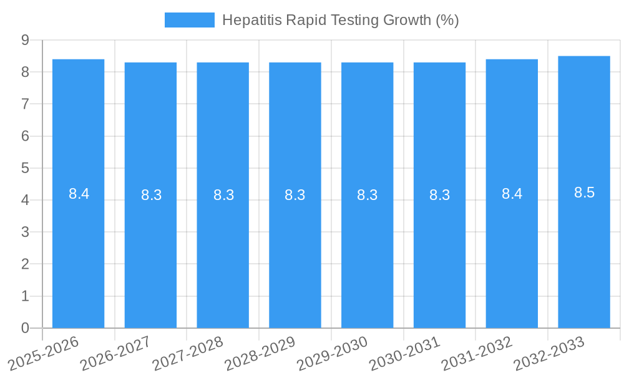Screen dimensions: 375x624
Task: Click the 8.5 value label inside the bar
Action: pyautogui.click(x=584, y=192)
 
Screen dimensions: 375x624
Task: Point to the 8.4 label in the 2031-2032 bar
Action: pyautogui.click(x=512, y=194)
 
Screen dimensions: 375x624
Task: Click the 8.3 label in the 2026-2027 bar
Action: pyautogui.click(x=151, y=195)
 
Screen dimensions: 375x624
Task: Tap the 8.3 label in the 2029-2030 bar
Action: pyautogui.click(x=367, y=195)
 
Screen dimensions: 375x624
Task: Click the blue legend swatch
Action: pyautogui.click(x=189, y=20)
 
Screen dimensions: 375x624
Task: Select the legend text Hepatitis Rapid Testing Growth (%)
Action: pyautogui.click(x=340, y=20)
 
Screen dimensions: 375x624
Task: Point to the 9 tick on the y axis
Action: pyautogui.click(x=25, y=40)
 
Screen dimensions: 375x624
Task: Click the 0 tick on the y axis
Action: pyautogui.click(x=25, y=328)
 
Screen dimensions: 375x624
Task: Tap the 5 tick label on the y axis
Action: pyautogui.click(x=25, y=168)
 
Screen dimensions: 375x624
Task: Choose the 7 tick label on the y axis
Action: pyautogui.click(x=25, y=104)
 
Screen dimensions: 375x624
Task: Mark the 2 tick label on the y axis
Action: pyautogui.click(x=25, y=264)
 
